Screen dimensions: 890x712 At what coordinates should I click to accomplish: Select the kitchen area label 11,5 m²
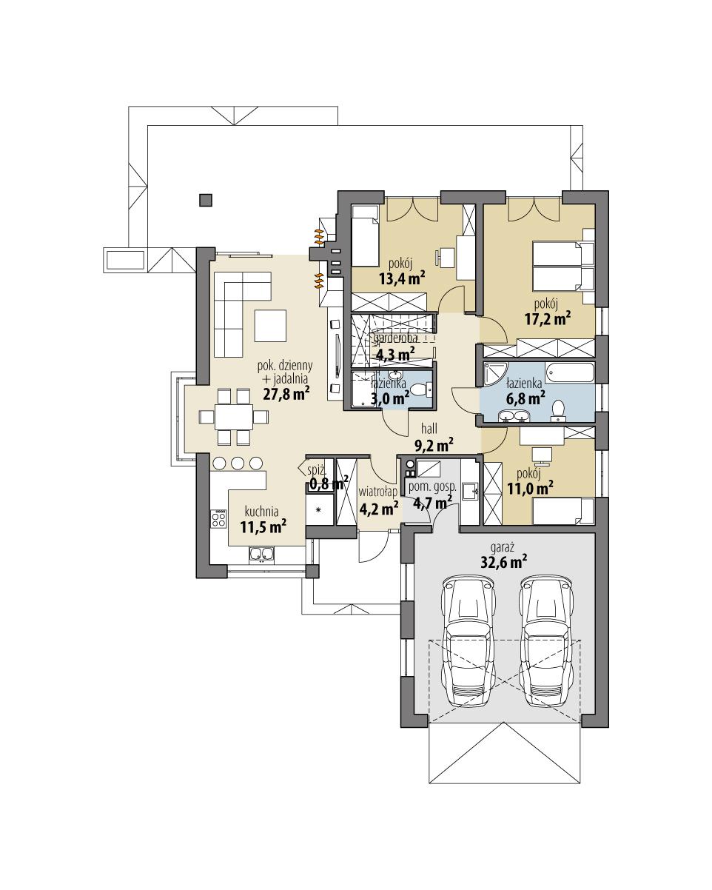[263, 526]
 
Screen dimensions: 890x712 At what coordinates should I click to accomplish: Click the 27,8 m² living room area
[285, 393]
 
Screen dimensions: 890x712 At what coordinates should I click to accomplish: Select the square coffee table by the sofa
[270, 324]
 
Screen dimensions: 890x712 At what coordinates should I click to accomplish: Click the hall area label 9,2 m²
[434, 444]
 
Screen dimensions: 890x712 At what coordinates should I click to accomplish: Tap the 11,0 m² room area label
[533, 488]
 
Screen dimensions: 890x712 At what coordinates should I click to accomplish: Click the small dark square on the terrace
[206, 199]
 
